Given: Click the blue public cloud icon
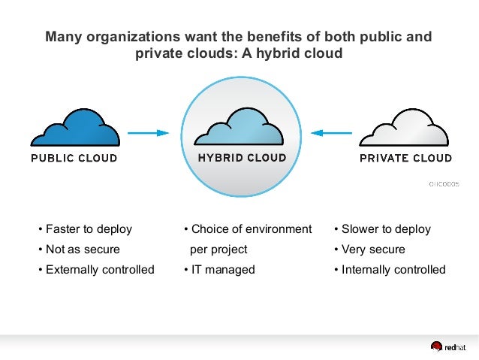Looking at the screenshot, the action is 74,128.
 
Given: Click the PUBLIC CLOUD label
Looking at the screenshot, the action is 74,159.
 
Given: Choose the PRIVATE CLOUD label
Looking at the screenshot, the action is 405,159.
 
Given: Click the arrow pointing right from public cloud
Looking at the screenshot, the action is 149,133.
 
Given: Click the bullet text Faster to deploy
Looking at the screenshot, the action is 89,229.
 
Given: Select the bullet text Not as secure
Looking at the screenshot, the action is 83,250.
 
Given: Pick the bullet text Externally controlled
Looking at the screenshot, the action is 100,270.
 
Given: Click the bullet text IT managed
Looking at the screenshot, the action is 223,270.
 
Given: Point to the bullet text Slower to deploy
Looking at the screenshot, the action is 386,229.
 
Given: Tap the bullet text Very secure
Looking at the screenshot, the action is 373,250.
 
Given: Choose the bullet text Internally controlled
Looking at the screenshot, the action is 393,270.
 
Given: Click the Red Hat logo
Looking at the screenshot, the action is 447,346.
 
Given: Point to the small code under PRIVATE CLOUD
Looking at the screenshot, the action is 444,183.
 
